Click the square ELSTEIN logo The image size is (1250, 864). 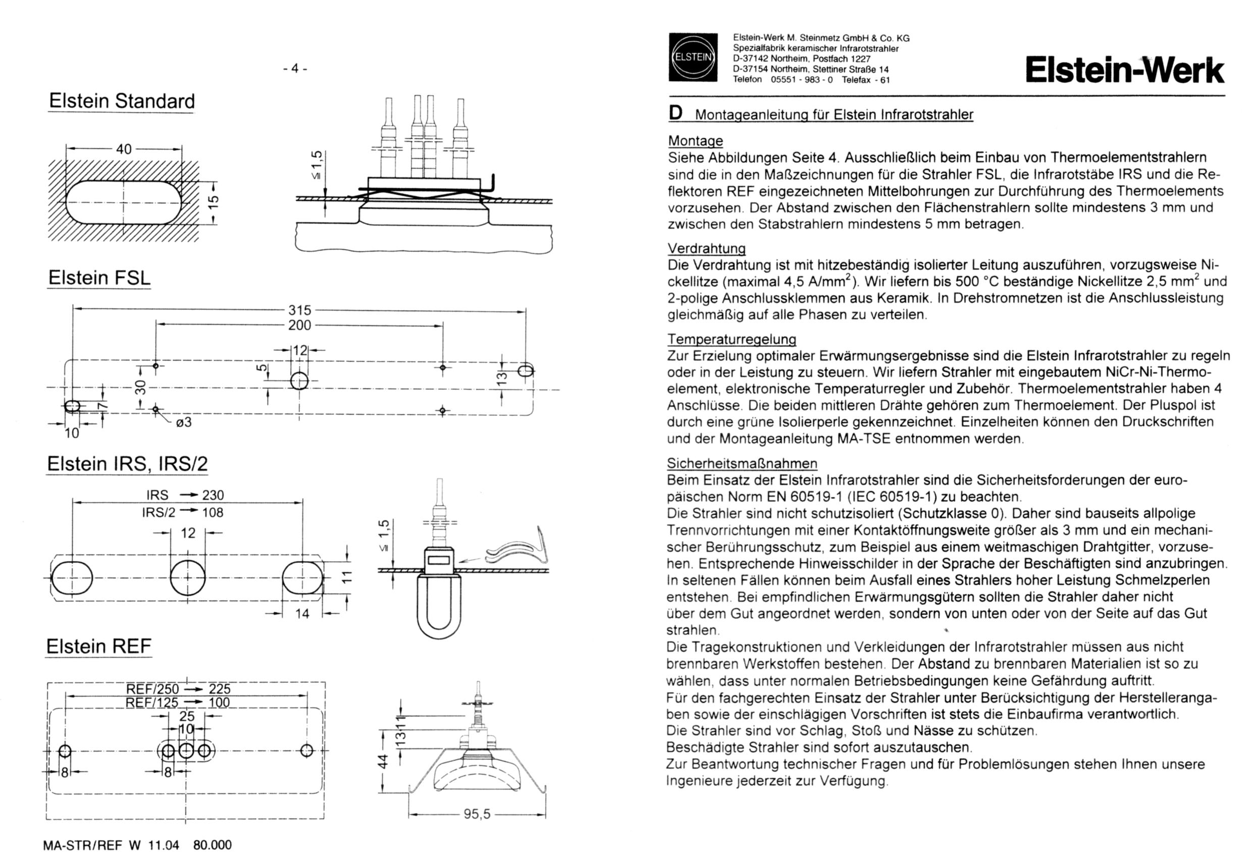click(x=692, y=58)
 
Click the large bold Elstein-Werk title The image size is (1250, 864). click(x=1124, y=70)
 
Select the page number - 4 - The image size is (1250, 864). click(x=295, y=68)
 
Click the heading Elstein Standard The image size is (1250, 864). click(x=122, y=101)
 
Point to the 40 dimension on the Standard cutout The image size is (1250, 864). click(x=124, y=149)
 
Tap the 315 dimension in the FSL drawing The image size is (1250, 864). click(x=299, y=310)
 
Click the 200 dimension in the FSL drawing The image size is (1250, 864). click(x=299, y=325)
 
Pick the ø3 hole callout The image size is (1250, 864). click(x=184, y=422)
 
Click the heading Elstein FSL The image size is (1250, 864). click(x=99, y=278)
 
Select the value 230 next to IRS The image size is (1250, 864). click(x=213, y=496)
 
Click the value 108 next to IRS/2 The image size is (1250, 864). click(x=213, y=512)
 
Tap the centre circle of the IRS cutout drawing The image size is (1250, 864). click(x=187, y=578)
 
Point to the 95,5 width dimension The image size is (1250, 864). click(x=477, y=814)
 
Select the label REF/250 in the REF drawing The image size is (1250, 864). click(x=152, y=689)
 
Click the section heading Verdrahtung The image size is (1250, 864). click(x=706, y=248)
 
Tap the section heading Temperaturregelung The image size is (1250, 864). click(x=732, y=340)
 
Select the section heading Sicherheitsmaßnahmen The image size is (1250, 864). click(x=742, y=463)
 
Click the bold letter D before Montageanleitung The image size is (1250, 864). click(x=676, y=113)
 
